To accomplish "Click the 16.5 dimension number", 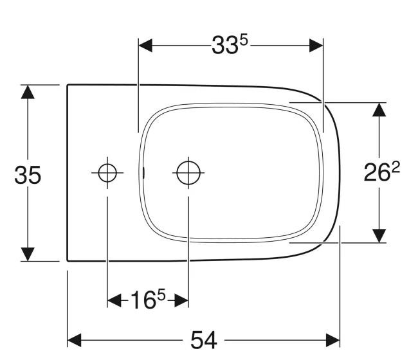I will point(147,300).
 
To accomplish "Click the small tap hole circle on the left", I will point(107,172).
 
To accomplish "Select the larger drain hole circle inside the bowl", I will point(188,172).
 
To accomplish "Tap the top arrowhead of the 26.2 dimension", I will point(379,109).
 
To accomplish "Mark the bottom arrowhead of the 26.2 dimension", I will point(379,235).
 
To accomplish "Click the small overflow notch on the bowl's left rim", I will point(144,172).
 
